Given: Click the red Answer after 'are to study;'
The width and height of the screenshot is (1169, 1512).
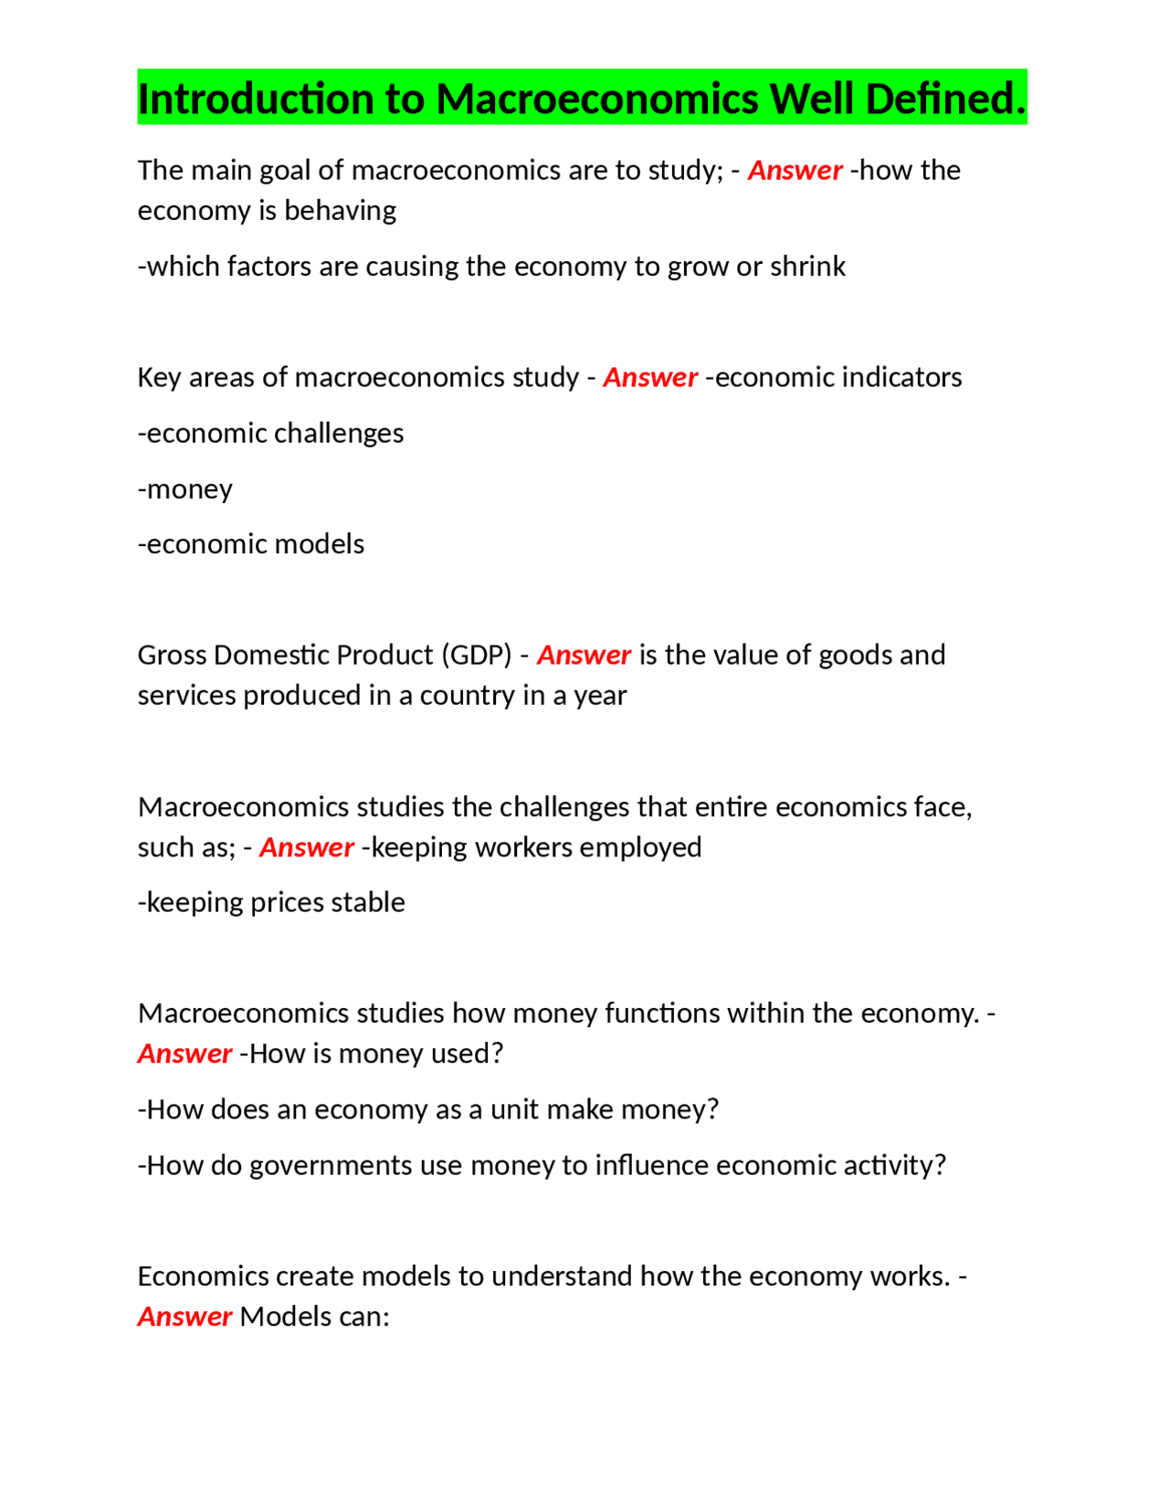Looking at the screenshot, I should [x=795, y=171].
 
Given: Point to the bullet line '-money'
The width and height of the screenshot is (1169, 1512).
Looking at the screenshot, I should [x=185, y=489].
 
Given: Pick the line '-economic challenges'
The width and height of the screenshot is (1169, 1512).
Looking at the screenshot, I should [x=270, y=434].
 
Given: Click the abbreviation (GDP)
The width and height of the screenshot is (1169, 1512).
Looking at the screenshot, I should [x=476, y=656].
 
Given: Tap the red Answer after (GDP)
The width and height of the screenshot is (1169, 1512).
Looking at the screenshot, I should [x=584, y=656].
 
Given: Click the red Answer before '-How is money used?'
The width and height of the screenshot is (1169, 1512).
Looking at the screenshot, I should [x=184, y=1055].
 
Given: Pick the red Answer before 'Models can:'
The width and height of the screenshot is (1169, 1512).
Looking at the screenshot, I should [x=184, y=1318].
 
